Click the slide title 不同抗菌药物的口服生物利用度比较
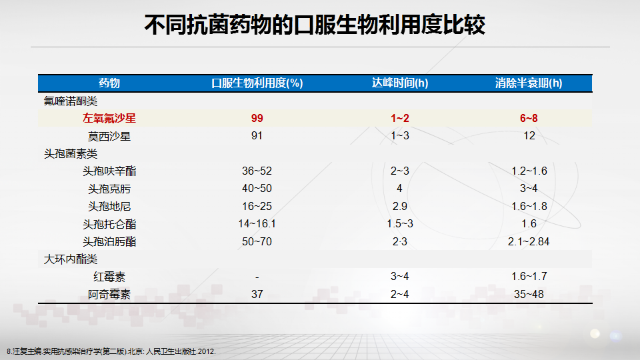315,25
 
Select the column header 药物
109,83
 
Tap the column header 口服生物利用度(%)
257,83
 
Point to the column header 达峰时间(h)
400,83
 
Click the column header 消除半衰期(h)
529,83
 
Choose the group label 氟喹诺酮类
71,101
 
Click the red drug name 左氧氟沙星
109,119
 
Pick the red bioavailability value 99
257,119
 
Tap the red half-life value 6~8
529,119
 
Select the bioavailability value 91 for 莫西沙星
257,136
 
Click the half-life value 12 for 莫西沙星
529,136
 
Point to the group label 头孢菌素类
71,154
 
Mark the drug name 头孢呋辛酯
109,171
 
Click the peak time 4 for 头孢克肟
399,189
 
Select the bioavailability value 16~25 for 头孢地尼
257,207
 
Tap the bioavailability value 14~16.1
257,224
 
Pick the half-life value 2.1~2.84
529,241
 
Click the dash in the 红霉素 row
257,277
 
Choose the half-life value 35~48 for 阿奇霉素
529,294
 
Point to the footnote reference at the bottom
111,351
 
